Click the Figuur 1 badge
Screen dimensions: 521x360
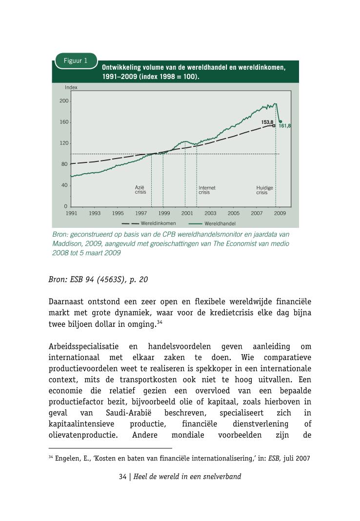pos(76,61)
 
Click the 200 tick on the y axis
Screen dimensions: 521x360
pos(64,101)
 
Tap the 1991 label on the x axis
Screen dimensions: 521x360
pos(72,213)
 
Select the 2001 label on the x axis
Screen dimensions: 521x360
pos(187,213)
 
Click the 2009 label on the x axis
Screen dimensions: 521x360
pos(280,213)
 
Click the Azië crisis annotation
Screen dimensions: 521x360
pos(140,190)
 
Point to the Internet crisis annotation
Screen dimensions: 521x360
pos(207,190)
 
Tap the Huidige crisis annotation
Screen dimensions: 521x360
pos(265,190)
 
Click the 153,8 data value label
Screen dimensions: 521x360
pos(267,122)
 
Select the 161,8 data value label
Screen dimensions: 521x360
pos(285,126)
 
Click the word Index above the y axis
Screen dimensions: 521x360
pos(71,87)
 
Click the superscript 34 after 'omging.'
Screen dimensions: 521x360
pos(160,321)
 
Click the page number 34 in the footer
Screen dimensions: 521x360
pos(122,477)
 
